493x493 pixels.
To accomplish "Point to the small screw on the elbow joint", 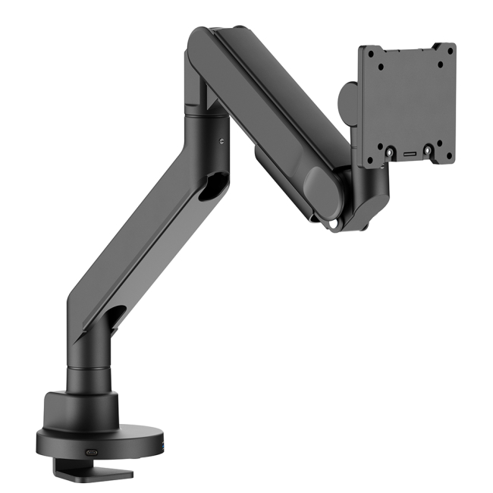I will [221, 140].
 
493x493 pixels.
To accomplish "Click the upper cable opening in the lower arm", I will [216, 187].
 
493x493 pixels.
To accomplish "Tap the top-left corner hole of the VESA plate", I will [371, 54].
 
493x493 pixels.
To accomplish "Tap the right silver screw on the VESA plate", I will [428, 150].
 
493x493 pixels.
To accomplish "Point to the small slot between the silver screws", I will [409, 153].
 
